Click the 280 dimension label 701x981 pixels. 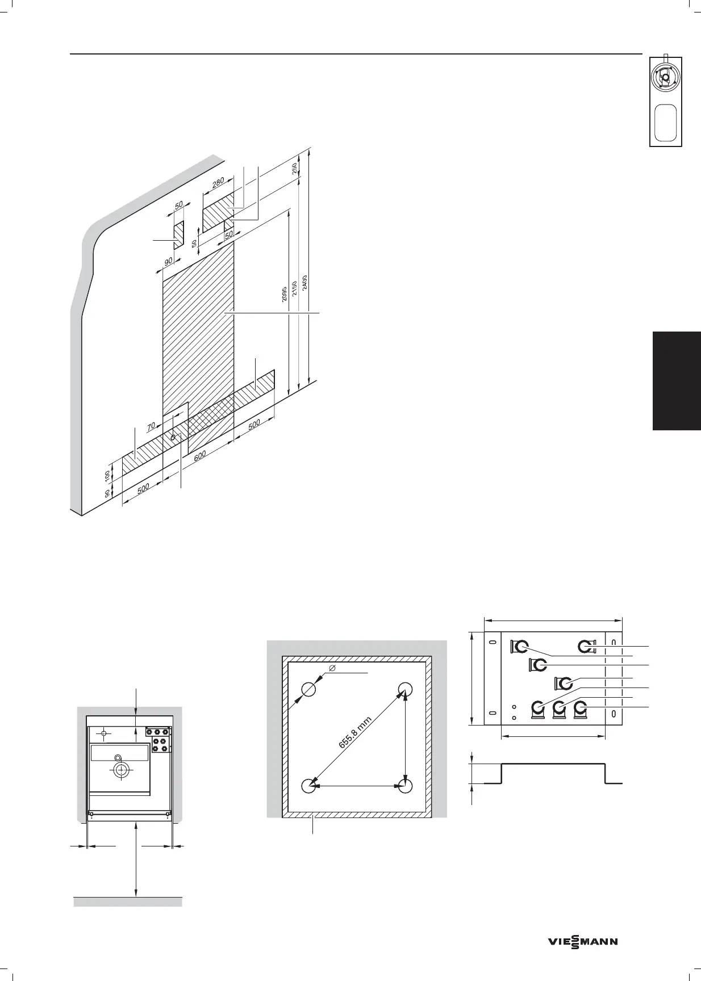(x=218, y=183)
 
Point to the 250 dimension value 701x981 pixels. (x=295, y=169)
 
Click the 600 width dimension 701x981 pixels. (x=199, y=457)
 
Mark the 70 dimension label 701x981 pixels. (x=151, y=426)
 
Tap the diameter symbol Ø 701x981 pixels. (x=332, y=668)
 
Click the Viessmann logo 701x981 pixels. (x=583, y=942)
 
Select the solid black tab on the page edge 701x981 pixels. (x=677, y=381)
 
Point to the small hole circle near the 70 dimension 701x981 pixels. (x=172, y=437)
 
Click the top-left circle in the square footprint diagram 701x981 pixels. (x=308, y=689)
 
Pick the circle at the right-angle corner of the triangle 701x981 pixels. (x=405, y=786)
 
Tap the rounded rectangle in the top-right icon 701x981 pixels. (x=665, y=121)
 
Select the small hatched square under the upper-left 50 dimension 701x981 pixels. (x=178, y=234)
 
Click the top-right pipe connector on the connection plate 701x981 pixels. (x=585, y=646)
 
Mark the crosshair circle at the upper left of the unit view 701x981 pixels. (x=103, y=734)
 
